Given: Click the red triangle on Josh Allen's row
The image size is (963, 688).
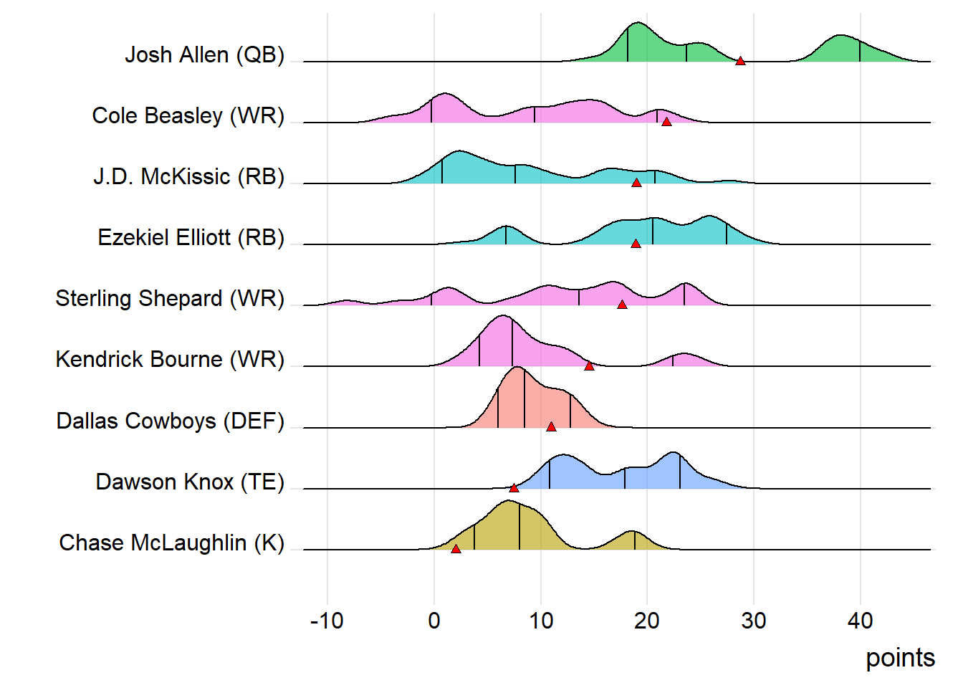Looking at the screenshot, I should [740, 61].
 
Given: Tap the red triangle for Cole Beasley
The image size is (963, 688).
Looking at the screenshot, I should [666, 122].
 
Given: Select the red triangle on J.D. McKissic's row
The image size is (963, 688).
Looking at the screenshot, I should [636, 183].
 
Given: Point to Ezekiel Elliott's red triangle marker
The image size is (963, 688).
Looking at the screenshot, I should [636, 244].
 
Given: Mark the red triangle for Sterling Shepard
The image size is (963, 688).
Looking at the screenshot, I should [622, 305].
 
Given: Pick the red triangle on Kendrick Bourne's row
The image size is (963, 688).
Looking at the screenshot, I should [589, 365].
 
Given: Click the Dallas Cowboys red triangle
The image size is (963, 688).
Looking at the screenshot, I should [551, 426].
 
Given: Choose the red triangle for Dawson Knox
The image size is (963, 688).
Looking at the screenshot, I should [514, 488].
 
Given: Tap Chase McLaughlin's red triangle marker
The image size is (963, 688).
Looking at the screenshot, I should [456, 549].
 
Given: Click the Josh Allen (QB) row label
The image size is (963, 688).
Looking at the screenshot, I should [204, 55].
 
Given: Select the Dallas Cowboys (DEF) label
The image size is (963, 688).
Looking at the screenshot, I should [170, 421].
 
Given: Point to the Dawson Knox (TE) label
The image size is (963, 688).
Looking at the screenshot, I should [190, 482].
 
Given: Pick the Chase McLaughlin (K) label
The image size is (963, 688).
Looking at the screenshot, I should [171, 543].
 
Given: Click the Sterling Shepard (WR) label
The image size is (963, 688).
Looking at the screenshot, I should [170, 298].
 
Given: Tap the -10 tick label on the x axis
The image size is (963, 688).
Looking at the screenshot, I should [327, 621].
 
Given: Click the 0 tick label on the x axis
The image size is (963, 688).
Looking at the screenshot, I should [434, 621].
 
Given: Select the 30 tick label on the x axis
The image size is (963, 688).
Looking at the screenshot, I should [753, 621].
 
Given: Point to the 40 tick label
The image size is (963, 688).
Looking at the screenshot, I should [860, 621].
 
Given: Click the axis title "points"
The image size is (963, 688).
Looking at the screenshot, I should [900, 658].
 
